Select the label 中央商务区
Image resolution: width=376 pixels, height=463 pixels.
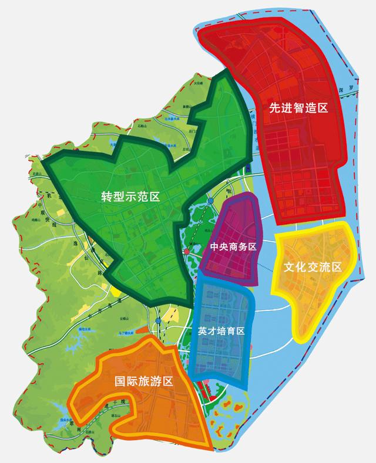point(233,247)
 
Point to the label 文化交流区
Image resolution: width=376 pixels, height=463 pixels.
point(313,267)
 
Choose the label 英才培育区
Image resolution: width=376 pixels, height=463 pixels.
point(221,331)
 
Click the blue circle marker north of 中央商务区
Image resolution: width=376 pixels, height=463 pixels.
point(210,202)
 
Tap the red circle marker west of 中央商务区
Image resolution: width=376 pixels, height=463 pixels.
point(187,251)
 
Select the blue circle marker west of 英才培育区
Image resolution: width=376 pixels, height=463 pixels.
point(159,321)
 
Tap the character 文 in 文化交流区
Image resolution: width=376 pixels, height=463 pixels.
point(290,267)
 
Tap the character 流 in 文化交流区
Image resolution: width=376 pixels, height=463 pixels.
point(324,267)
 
